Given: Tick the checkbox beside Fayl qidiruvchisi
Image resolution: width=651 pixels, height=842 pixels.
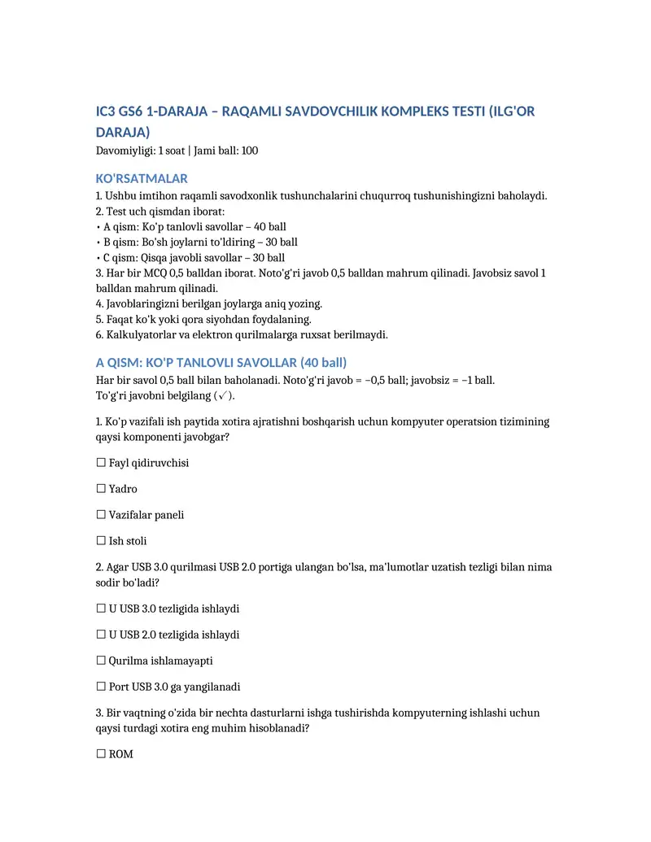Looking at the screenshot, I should tap(101, 463).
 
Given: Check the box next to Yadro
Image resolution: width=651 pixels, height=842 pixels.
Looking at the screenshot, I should tap(101, 489).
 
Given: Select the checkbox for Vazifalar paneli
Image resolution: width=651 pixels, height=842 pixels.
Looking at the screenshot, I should tap(101, 515).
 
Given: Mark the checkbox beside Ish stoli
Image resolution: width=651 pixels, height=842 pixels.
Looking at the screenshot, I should tap(101, 541).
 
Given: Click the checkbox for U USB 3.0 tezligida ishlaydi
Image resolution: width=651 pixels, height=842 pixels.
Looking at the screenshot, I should tap(101, 609).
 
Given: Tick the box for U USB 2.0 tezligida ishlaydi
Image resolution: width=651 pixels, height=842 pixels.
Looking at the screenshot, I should tap(101, 635).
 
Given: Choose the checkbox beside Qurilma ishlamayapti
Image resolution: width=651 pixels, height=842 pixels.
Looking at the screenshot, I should tap(101, 661).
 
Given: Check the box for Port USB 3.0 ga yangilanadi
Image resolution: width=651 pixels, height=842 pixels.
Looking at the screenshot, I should tap(101, 687).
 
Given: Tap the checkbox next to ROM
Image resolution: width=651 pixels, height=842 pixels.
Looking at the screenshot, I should tap(101, 754).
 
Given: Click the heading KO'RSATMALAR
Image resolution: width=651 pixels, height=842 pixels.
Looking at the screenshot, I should tap(142, 178).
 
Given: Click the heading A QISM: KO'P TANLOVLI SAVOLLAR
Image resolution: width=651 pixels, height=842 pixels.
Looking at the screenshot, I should tap(221, 362).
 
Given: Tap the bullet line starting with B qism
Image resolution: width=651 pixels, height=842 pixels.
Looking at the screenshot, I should tap(197, 242).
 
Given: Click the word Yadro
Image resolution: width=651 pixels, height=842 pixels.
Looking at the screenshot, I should tap(123, 489).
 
